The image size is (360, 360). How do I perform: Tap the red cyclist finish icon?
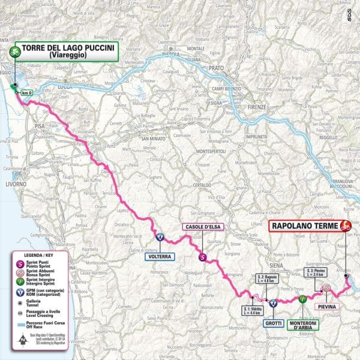(x=345, y=226)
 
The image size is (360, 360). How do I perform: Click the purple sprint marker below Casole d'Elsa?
(x=202, y=257)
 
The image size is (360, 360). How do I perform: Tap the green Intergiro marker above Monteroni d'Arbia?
(x=302, y=298)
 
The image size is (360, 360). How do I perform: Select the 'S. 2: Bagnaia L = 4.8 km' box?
(x=263, y=277)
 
